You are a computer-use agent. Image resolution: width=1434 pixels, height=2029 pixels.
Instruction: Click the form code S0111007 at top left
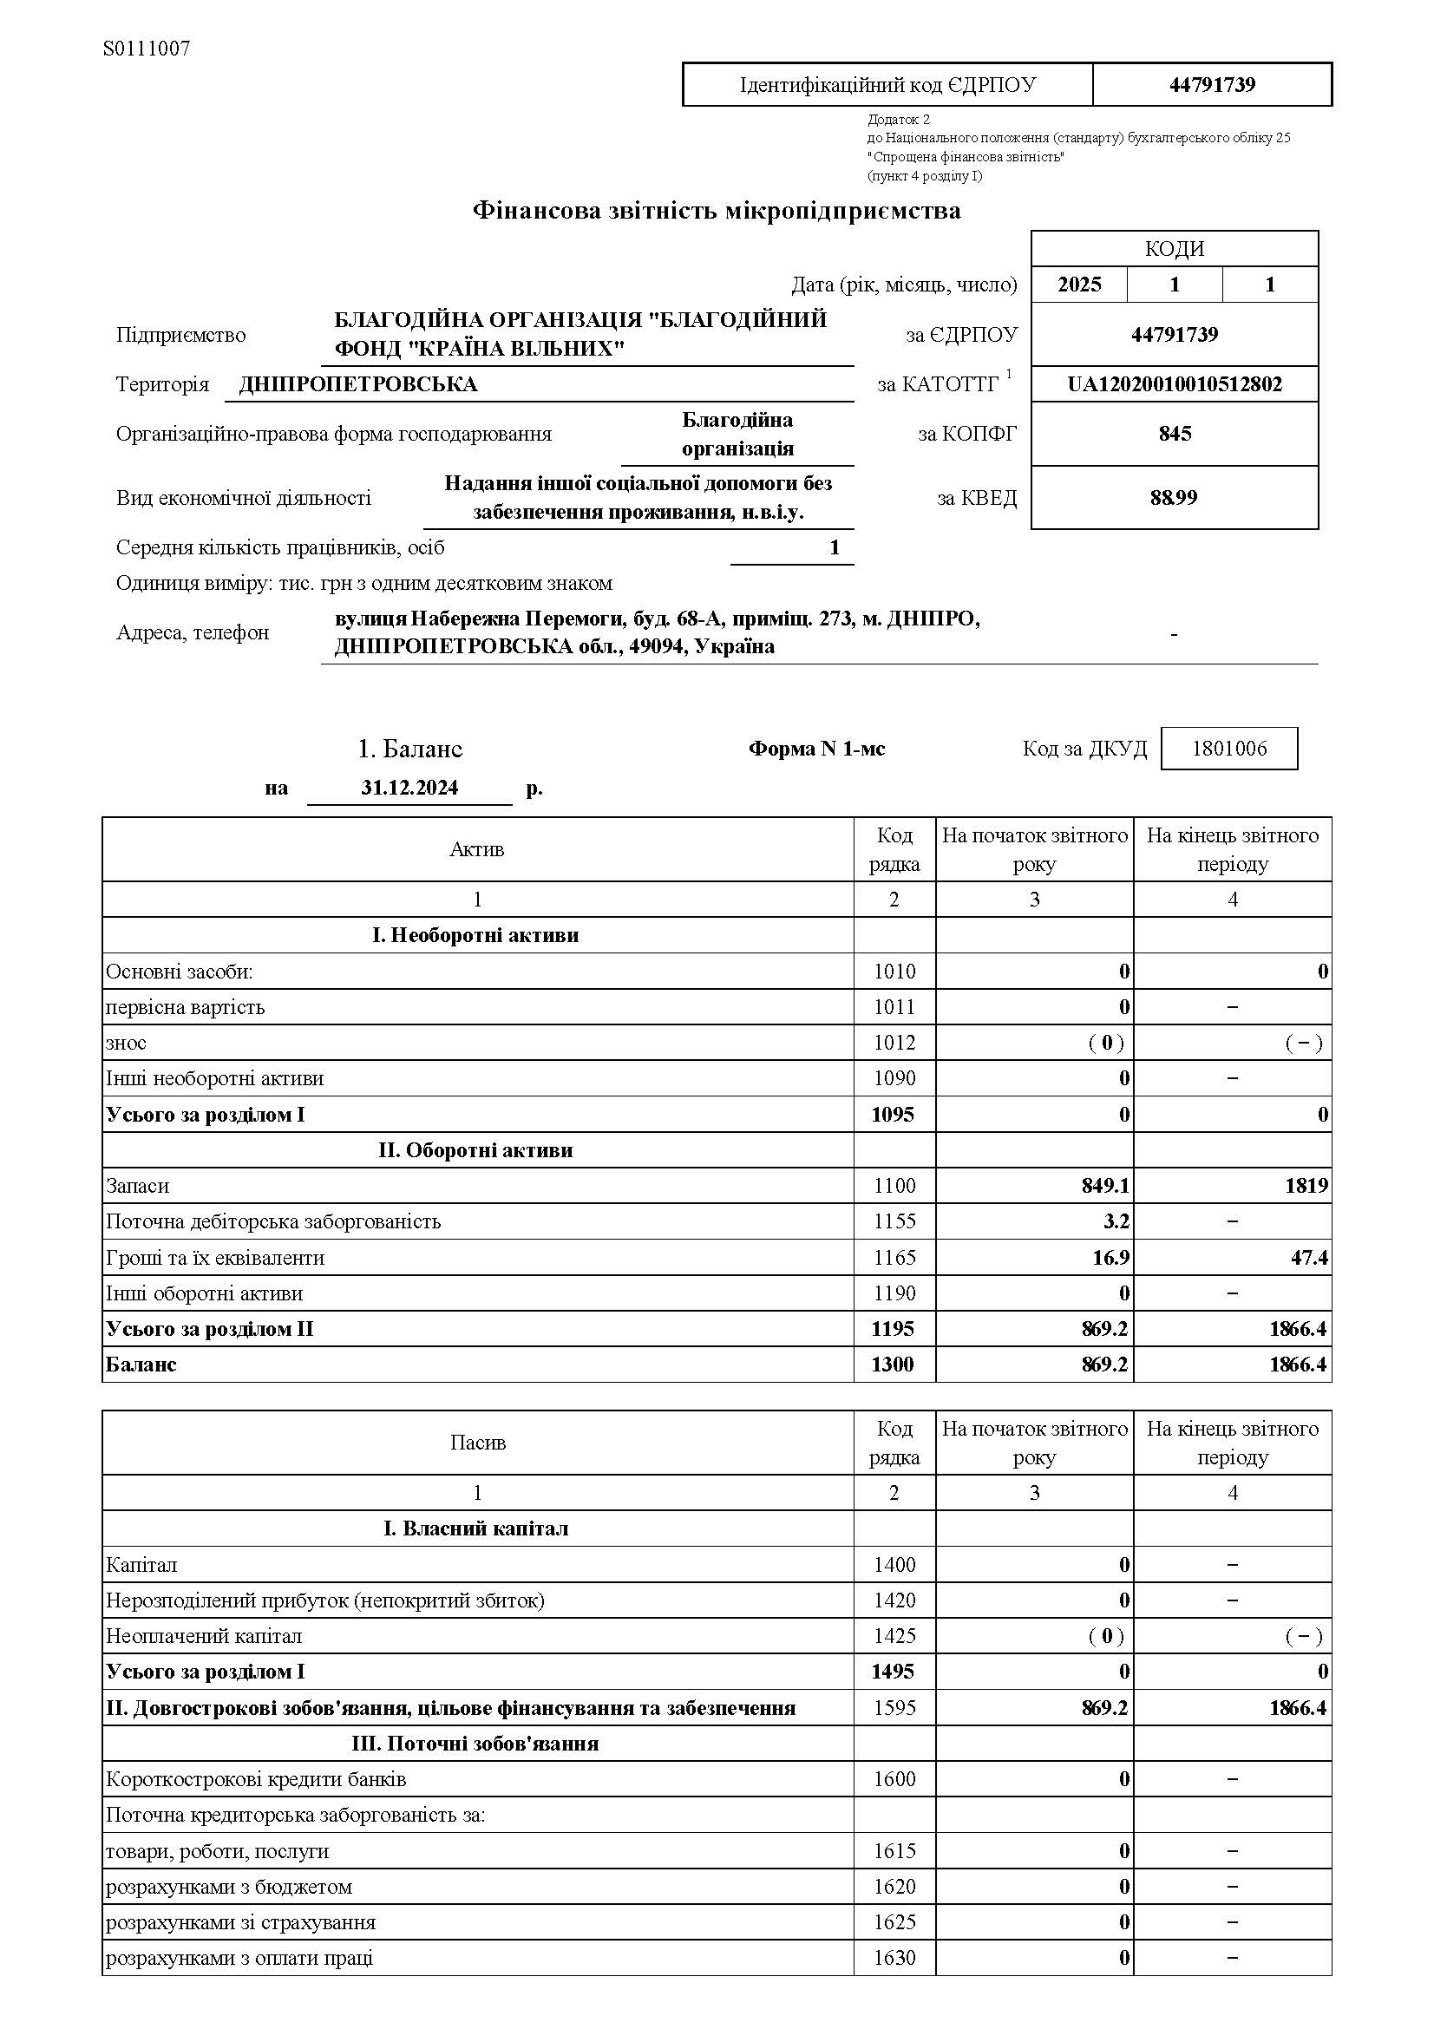pos(147,49)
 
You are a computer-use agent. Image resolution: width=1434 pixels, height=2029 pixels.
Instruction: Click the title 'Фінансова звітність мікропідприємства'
pos(717,211)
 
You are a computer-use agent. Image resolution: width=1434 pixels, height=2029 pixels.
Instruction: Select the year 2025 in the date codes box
pos(1079,285)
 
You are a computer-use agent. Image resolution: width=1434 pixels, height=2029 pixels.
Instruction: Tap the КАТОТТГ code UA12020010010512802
pos(1175,384)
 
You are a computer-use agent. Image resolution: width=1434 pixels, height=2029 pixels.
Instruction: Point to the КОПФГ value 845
pos(1175,434)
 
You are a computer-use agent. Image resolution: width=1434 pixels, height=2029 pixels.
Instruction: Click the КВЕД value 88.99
pos(1174,498)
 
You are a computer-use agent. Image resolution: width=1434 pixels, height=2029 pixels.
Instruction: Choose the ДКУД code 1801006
pos(1229,749)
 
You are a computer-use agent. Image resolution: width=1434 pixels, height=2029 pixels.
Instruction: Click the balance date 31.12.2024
pos(409,788)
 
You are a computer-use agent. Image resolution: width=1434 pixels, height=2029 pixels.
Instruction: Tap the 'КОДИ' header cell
pos(1175,249)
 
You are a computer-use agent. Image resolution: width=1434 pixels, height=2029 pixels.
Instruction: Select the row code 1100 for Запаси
pos(894,1185)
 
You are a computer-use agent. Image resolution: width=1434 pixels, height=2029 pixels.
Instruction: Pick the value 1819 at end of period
pos(1306,1185)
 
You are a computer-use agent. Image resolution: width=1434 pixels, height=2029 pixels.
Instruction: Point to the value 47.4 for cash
pos(1308,1258)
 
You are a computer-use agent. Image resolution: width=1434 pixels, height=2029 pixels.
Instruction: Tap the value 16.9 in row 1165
pos(1110,1258)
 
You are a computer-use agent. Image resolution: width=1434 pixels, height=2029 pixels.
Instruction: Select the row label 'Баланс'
pos(141,1365)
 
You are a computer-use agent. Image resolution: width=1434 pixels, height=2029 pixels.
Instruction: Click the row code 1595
pos(894,1708)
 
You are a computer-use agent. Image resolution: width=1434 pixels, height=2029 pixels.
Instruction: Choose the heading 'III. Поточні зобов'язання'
pos(475,1744)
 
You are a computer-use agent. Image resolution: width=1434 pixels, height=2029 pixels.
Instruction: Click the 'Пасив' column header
pos(477,1443)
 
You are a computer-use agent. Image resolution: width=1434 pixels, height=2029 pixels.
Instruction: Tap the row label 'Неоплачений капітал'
pos(204,1636)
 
